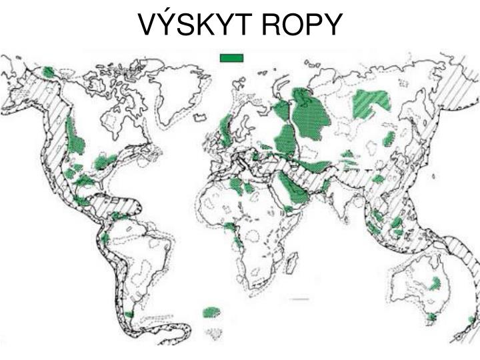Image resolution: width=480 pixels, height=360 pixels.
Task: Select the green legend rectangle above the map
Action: (x=231, y=58)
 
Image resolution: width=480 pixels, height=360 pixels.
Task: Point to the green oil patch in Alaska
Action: (x=49, y=72)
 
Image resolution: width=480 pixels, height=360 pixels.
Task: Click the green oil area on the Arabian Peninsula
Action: (x=294, y=190)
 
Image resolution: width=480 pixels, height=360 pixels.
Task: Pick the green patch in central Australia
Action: (x=435, y=284)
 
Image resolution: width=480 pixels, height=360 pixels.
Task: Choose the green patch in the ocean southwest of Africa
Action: (x=211, y=311)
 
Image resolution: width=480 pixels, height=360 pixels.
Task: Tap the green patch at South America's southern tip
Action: (x=129, y=314)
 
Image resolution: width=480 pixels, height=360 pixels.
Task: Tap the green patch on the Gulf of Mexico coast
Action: (x=84, y=181)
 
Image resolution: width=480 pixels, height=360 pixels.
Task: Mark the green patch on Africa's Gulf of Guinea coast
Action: (x=231, y=227)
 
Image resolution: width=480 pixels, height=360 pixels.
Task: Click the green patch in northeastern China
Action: (x=389, y=139)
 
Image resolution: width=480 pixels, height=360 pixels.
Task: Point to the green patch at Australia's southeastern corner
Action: (x=431, y=317)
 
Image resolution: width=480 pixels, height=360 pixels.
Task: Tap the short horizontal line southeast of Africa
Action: (x=300, y=300)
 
